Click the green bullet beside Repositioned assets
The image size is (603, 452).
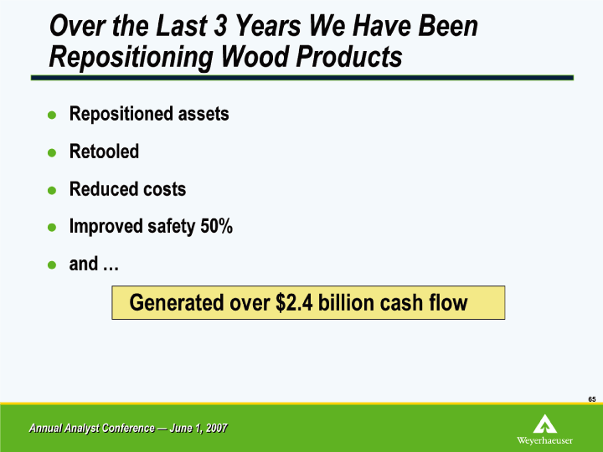pyautogui.click(x=52, y=115)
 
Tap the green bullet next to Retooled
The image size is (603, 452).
pyautogui.click(x=52, y=153)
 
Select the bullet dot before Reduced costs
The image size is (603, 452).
pyautogui.click(x=52, y=190)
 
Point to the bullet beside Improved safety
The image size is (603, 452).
pyautogui.click(x=52, y=228)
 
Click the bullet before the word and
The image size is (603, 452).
pyautogui.click(x=52, y=265)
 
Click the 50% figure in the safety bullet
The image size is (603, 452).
pyautogui.click(x=217, y=226)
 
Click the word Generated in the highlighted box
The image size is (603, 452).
pyautogui.click(x=177, y=302)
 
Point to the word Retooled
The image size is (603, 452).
pyautogui.click(x=104, y=151)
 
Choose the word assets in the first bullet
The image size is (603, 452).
pyautogui.click(x=204, y=114)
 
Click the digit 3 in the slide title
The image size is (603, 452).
pyautogui.click(x=220, y=26)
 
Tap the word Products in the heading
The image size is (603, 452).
pyautogui.click(x=349, y=57)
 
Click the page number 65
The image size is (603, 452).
pyautogui.click(x=592, y=399)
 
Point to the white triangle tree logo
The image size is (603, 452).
pyautogui.click(x=544, y=424)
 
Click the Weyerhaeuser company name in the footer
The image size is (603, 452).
pyautogui.click(x=544, y=440)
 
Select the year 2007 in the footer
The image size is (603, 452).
pyautogui.click(x=217, y=428)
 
